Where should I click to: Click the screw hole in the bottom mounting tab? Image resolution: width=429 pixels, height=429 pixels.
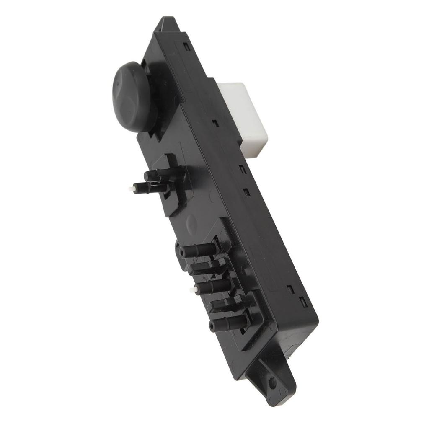[273, 382]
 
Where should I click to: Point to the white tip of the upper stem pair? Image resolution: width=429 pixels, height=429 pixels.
[130, 189]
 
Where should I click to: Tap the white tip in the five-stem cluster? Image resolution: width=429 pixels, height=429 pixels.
[192, 290]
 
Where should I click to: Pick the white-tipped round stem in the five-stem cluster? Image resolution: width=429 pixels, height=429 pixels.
[212, 287]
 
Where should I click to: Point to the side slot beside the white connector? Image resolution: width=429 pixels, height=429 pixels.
[214, 124]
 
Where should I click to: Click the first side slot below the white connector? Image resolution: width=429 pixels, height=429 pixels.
[242, 170]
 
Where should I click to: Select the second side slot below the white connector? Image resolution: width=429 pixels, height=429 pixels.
[246, 192]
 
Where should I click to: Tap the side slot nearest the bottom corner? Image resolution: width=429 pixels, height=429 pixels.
[302, 301]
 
